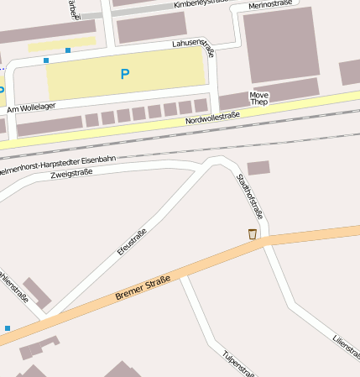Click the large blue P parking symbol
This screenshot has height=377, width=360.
(x=125, y=74)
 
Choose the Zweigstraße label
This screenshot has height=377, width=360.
(x=71, y=173)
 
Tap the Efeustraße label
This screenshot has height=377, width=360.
(x=133, y=242)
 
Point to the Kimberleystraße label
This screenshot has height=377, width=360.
(x=201, y=4)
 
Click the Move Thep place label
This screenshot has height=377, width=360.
(x=259, y=99)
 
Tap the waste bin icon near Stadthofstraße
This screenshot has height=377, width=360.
(x=252, y=234)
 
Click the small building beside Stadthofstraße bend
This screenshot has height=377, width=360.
(x=258, y=168)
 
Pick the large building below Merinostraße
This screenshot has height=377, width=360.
(x=281, y=45)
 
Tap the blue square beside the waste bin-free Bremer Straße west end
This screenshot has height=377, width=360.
(x=8, y=328)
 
